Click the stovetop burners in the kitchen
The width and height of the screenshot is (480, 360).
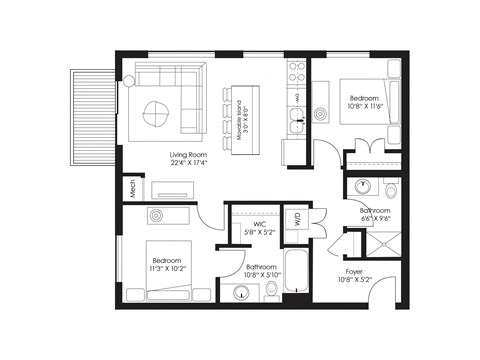coord(296,72)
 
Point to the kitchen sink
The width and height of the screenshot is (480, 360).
coord(296,123)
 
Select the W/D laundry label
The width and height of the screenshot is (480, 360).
coord(297,217)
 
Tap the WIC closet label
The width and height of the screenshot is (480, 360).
coord(258,228)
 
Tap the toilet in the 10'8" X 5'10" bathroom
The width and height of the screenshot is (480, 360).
coord(271,290)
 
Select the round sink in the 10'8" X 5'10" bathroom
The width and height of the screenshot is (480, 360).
coord(240,291)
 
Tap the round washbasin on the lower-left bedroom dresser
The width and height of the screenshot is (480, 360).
coord(157,216)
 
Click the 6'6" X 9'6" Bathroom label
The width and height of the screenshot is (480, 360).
coord(377,216)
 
